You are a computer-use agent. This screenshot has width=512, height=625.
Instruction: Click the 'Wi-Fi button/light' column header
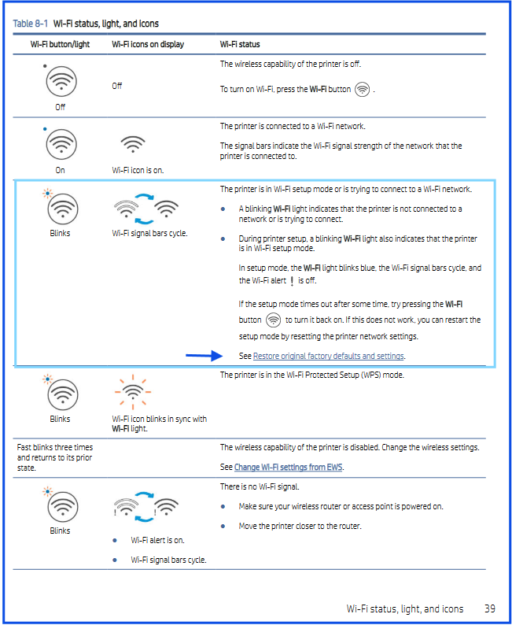click(x=60, y=44)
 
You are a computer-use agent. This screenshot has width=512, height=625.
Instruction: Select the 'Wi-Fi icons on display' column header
click(x=148, y=44)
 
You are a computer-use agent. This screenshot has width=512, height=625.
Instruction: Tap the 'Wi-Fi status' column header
click(x=240, y=44)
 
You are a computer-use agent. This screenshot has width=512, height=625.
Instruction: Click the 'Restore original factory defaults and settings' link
click(x=328, y=356)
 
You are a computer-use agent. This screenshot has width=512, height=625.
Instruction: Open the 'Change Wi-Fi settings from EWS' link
click(x=289, y=467)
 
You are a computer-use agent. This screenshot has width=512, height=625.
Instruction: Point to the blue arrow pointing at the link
click(x=204, y=356)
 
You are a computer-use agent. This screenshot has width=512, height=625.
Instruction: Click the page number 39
click(x=489, y=608)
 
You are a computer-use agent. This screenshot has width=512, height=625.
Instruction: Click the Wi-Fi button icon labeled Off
click(x=61, y=81)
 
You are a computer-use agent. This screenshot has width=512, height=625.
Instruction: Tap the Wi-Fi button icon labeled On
click(x=61, y=144)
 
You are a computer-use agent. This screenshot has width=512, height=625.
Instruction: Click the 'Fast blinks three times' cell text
click(x=55, y=447)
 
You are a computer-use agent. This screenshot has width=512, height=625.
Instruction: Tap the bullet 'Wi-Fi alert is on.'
click(x=157, y=540)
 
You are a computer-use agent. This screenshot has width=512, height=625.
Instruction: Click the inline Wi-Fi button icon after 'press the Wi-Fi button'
click(x=362, y=90)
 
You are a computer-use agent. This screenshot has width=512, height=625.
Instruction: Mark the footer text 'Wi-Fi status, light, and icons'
click(x=404, y=608)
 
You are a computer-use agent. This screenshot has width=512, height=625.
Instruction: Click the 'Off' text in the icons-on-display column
click(x=117, y=86)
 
